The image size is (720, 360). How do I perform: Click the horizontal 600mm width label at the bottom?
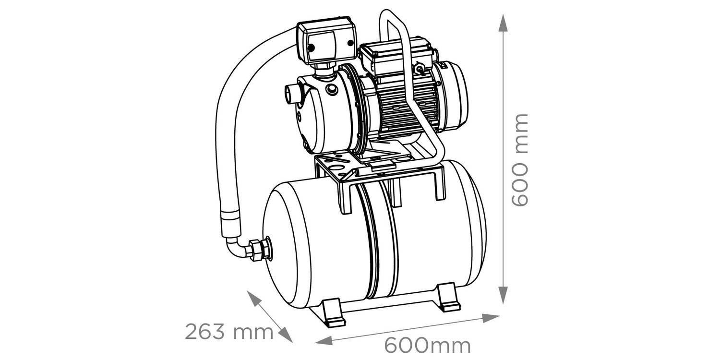point(428,346)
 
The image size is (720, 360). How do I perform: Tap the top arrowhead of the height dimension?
point(503,23)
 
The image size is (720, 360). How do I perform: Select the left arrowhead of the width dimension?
point(324,341)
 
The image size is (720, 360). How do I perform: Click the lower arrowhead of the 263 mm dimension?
point(285,335)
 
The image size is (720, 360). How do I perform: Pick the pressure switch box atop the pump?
point(327,44)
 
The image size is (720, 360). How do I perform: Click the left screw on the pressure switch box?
point(311,48)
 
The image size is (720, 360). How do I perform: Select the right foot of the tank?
point(450,297)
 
